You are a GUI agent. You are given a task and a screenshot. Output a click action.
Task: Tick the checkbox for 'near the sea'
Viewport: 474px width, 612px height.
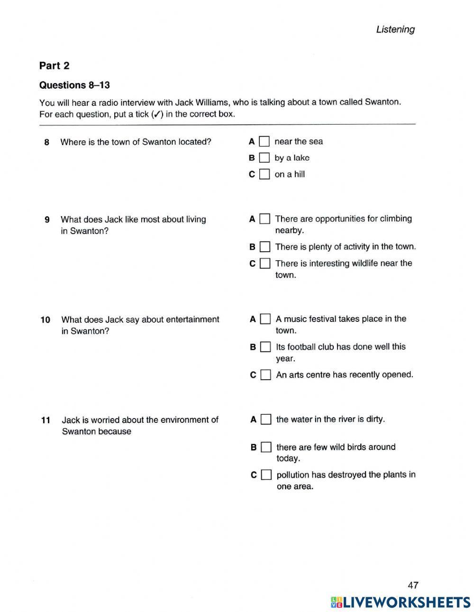click(x=264, y=141)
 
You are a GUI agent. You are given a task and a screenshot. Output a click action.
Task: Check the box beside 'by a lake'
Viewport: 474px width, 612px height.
click(x=264, y=158)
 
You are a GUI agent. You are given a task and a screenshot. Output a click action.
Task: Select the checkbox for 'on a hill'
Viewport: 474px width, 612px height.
click(x=264, y=174)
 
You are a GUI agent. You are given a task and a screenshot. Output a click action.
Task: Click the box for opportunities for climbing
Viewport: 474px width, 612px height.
click(x=265, y=219)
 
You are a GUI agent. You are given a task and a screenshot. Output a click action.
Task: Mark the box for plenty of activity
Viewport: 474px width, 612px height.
click(x=265, y=247)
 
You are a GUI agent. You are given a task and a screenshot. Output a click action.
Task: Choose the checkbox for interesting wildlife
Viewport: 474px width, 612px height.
click(x=265, y=263)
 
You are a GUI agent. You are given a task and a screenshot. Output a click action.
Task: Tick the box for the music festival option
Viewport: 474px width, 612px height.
click(x=266, y=319)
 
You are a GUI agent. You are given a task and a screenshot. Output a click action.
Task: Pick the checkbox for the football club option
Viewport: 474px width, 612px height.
click(x=266, y=347)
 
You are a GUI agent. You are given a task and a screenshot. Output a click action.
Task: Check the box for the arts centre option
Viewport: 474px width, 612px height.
click(x=266, y=375)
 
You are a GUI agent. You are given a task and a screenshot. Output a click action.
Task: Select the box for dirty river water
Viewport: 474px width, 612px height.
click(x=266, y=420)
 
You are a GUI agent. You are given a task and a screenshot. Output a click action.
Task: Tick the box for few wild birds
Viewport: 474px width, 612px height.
click(x=266, y=447)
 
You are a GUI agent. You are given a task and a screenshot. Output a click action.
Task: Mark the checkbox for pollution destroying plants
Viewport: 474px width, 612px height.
click(x=266, y=475)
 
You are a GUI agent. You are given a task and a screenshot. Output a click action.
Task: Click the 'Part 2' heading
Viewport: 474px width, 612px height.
click(x=54, y=65)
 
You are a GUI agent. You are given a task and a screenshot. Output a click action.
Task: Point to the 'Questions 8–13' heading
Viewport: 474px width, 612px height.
click(x=74, y=85)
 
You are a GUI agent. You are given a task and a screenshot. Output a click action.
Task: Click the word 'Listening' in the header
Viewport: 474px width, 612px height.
click(x=395, y=29)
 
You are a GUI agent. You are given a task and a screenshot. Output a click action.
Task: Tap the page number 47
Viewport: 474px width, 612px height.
click(x=413, y=585)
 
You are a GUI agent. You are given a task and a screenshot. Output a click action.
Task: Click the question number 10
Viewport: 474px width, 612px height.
click(x=46, y=320)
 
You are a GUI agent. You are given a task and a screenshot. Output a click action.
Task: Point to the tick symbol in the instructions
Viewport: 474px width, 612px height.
click(x=157, y=114)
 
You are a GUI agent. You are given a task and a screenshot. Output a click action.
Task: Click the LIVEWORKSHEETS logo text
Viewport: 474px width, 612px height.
click(x=406, y=602)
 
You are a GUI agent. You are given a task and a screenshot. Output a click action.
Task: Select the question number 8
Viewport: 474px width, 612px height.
click(x=46, y=142)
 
